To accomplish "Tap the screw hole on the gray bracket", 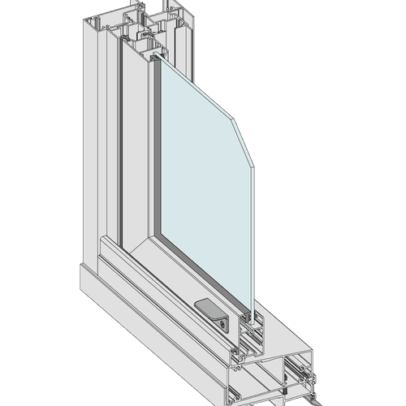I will [222, 322].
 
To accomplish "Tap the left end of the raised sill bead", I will [101, 244].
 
